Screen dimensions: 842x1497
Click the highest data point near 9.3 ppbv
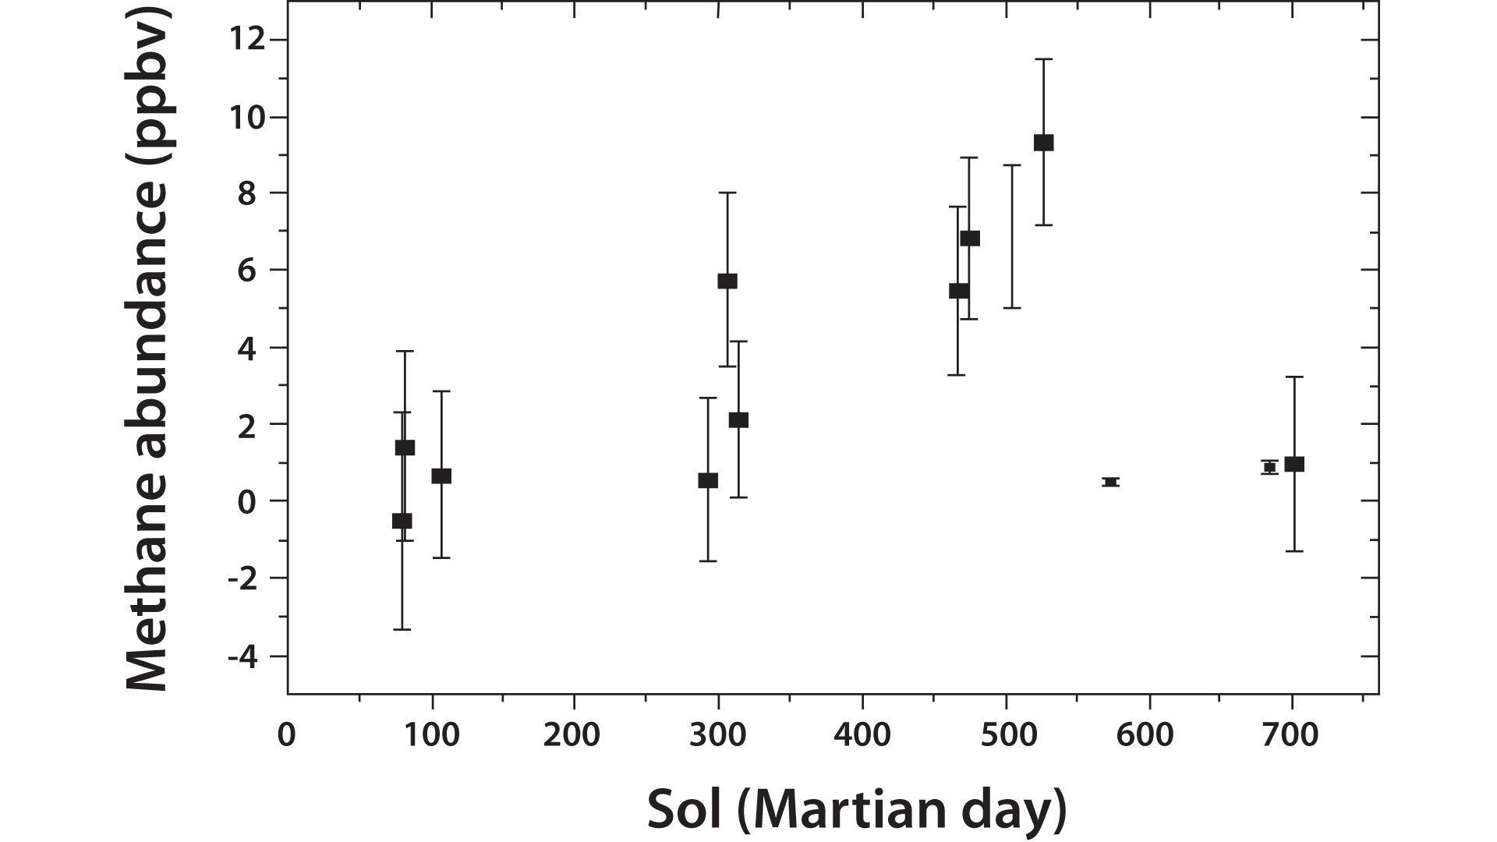(x=1043, y=143)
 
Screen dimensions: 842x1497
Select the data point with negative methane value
(x=402, y=521)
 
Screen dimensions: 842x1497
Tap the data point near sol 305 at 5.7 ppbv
(x=727, y=281)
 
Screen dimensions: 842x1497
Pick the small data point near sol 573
(x=1111, y=482)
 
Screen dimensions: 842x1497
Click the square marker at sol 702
(x=1294, y=465)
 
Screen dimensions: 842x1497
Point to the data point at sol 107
(x=441, y=476)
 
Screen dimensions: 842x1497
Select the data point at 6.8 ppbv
(x=969, y=239)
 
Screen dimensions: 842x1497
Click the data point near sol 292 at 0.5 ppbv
(x=707, y=480)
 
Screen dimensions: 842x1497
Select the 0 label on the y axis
(x=247, y=501)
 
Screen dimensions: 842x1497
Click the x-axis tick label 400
(x=862, y=735)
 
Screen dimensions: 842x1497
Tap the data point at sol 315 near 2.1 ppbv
(x=738, y=420)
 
